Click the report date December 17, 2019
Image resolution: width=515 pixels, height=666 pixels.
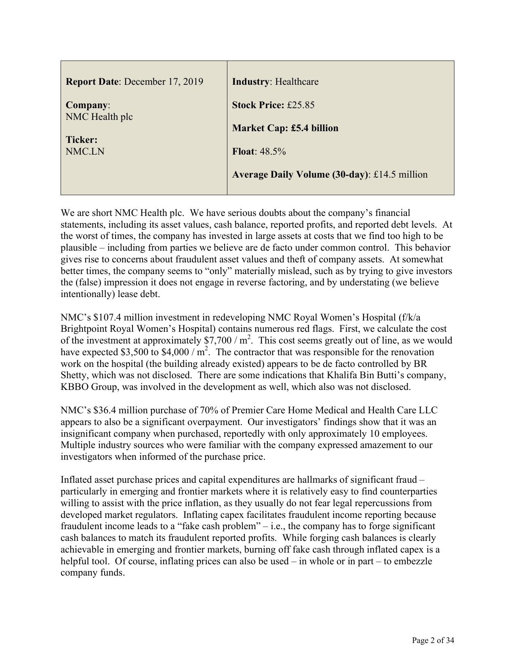163,82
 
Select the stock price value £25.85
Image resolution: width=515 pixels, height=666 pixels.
301,105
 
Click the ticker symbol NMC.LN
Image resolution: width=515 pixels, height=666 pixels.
85,152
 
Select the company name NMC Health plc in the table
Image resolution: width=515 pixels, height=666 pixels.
99,117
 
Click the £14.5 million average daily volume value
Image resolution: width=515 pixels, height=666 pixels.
400,175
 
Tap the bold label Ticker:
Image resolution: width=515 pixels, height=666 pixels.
81,140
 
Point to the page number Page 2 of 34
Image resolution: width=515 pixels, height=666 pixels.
433,640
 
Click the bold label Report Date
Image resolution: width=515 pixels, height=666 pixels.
92,82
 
